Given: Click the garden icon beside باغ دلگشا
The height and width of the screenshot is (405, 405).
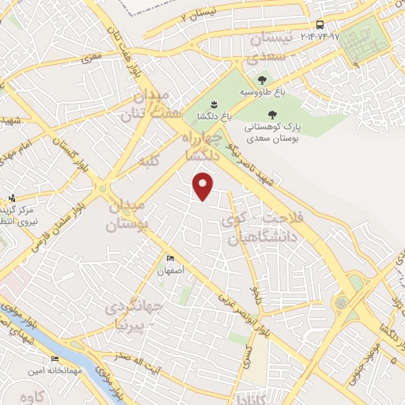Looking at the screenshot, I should (x=213, y=104).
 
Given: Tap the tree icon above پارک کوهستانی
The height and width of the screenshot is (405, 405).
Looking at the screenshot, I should (x=272, y=115).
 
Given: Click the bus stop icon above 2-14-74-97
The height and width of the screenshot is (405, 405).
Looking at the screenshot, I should (x=319, y=25).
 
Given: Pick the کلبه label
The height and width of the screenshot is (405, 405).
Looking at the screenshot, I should (x=148, y=161).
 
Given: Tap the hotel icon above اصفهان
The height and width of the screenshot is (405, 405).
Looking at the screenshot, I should (x=171, y=259).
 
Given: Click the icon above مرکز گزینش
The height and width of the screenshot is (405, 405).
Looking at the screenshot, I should (x=12, y=198).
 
